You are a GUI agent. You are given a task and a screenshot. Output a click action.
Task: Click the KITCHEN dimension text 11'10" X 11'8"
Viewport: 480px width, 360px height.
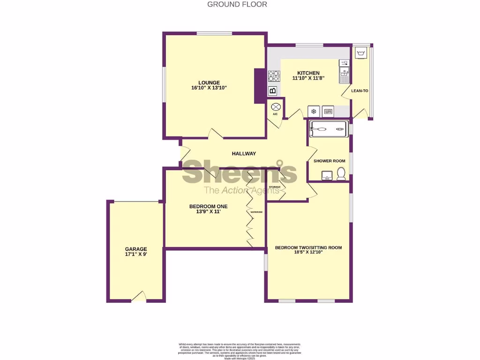(308, 79)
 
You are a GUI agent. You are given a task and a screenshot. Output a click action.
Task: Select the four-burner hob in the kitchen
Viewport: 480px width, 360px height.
(273, 76)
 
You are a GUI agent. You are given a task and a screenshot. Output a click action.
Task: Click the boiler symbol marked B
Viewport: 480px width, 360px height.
(273, 91)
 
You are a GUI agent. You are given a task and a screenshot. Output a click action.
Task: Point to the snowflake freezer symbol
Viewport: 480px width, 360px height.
(313, 112)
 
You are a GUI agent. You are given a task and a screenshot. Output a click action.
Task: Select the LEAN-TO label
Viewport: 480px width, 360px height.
(360, 90)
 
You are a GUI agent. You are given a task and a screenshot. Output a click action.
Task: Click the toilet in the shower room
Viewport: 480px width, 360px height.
(341, 175)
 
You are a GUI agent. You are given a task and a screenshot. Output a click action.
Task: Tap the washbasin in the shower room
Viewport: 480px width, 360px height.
(327, 176)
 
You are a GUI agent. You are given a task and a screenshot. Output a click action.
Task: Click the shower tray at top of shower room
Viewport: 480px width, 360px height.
(329, 128)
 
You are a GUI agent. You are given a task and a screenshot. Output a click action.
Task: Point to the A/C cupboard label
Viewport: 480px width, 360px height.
(275, 114)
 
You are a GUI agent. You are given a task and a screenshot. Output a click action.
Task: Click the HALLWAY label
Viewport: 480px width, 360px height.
(244, 154)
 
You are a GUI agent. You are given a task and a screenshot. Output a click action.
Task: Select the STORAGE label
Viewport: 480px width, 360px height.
(275, 187)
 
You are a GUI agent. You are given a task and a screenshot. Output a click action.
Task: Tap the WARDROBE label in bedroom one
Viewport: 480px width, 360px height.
(256, 212)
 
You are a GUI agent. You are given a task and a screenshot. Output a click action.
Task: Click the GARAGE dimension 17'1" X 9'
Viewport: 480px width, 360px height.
(136, 255)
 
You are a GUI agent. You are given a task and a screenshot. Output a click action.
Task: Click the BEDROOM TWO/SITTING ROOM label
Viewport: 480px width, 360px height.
(308, 247)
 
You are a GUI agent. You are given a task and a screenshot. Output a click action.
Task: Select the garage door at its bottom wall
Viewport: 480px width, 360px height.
(138, 297)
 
